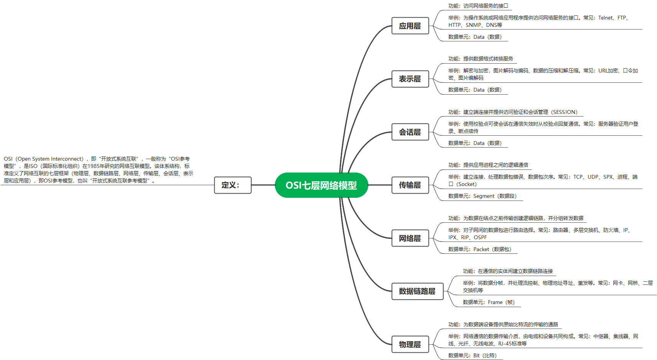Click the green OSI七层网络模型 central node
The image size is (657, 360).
[321, 185]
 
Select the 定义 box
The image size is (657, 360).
[232, 185]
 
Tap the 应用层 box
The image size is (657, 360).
[410, 26]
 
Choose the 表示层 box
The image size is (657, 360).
[410, 79]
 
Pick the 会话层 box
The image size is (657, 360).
[410, 132]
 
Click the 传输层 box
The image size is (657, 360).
[410, 185]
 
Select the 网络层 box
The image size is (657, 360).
[410, 238]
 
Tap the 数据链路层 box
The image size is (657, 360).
[417, 291]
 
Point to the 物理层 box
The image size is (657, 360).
[410, 345]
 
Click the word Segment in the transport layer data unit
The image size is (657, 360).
[484, 196]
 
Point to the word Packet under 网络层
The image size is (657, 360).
[481, 250]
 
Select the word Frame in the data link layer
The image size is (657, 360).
[495, 302]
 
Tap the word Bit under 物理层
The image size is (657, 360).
[476, 356]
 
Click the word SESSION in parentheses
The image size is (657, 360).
[564, 112]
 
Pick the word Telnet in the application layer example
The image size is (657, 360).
[606, 18]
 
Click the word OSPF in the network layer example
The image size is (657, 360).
[480, 238]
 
